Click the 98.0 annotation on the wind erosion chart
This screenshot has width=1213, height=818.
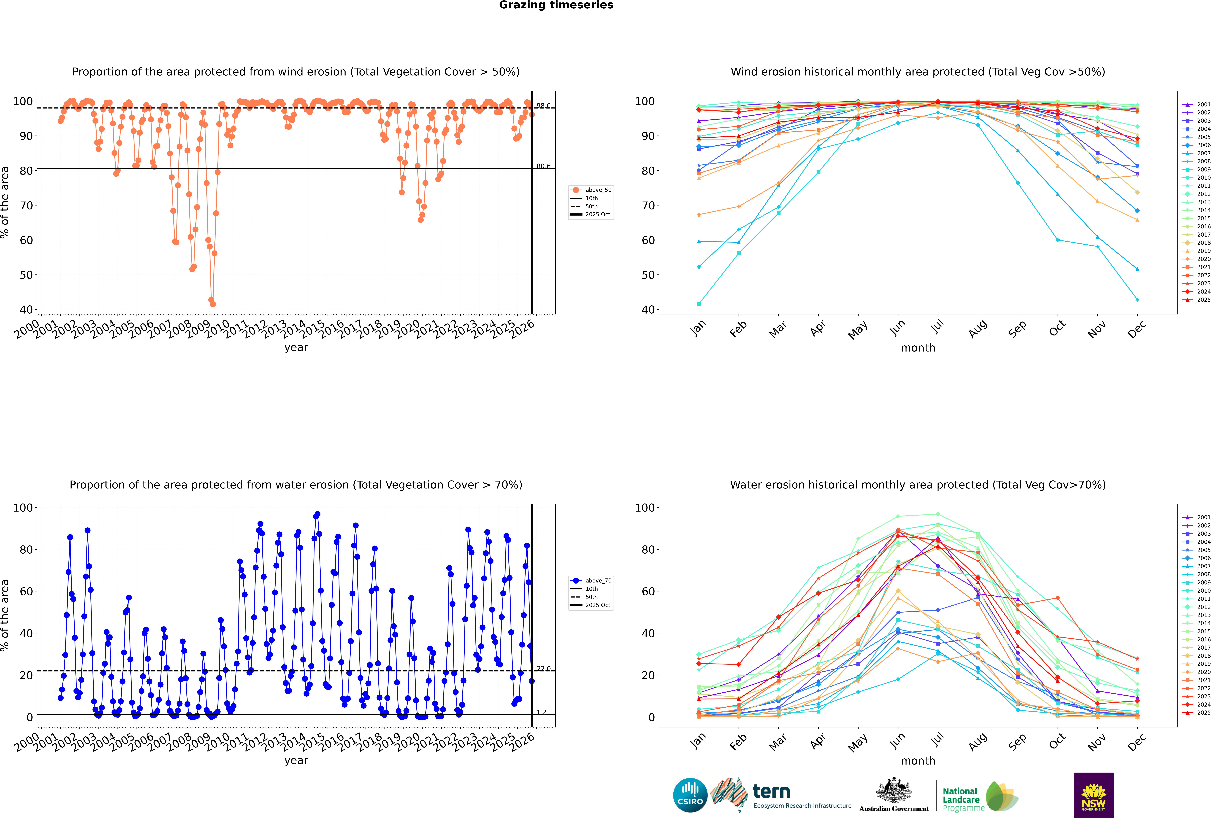543,106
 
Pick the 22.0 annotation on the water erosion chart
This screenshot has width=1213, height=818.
543,669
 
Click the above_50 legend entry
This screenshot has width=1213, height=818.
598,190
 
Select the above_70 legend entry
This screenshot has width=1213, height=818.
598,581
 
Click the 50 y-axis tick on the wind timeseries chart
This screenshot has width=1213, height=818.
26,275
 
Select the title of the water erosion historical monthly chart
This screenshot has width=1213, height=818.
918,485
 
